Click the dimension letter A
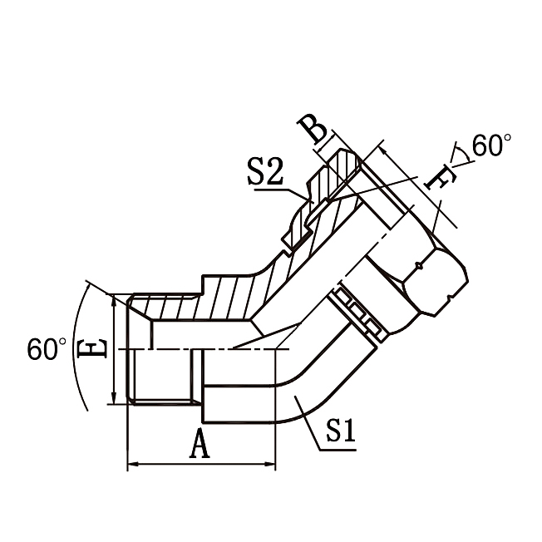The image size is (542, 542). pos(199,446)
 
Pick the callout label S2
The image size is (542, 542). pos(265,173)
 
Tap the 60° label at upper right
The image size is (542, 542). pos(492,146)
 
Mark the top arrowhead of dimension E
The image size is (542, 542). pos(114,298)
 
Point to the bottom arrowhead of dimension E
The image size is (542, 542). pos(114,400)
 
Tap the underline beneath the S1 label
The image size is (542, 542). pos(338,450)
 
